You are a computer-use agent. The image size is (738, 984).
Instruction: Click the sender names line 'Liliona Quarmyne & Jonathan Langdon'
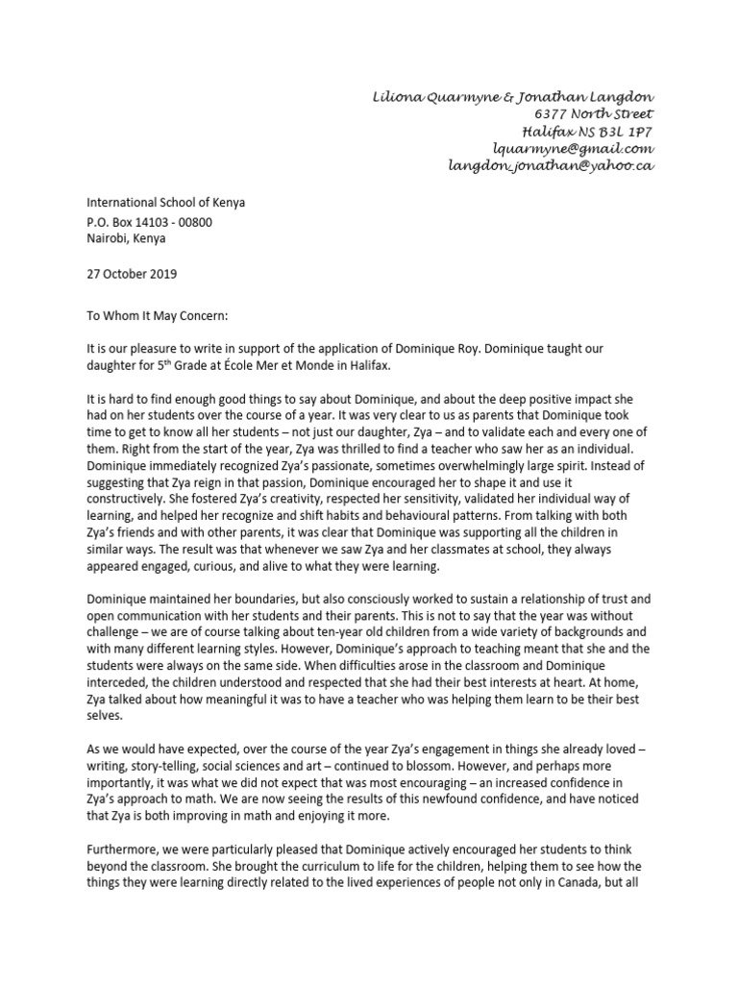click(513, 97)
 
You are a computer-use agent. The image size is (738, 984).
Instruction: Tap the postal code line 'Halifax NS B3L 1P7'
click(587, 131)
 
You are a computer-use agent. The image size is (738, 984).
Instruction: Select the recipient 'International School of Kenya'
click(166, 203)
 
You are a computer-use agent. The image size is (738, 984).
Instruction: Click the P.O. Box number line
click(150, 222)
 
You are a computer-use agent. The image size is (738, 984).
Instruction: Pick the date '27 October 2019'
click(133, 274)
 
